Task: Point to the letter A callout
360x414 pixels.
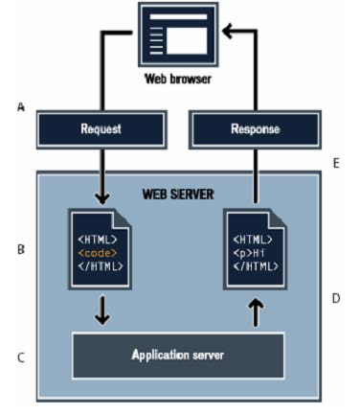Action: [x=20, y=108]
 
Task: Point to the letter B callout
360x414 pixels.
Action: [x=20, y=250]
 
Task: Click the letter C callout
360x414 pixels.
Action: [x=20, y=358]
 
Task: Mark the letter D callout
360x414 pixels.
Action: [x=336, y=298]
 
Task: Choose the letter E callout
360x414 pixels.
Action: [x=336, y=163]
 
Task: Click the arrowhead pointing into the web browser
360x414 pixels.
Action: [x=227, y=33]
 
